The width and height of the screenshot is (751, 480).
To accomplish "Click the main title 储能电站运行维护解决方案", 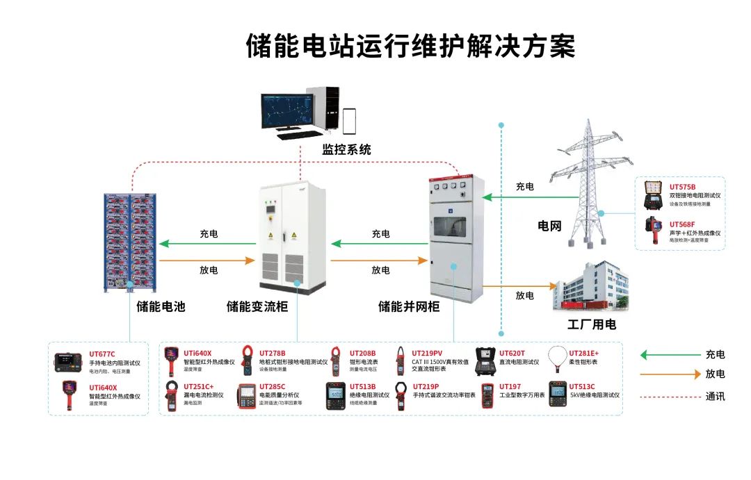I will click(x=410, y=47).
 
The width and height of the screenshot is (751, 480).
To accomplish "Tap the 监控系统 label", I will click(x=346, y=149).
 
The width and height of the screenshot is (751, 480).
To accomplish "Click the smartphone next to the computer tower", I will click(x=349, y=121).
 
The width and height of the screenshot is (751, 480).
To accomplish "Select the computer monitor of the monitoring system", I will click(x=291, y=112).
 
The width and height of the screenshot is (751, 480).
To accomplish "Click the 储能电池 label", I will click(x=161, y=306).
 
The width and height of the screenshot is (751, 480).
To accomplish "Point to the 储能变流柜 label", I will click(x=257, y=306).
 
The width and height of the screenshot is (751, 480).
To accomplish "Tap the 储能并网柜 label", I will click(x=409, y=306).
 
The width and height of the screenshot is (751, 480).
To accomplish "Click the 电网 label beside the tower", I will click(x=549, y=226).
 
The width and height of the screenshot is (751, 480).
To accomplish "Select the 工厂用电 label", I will click(x=592, y=324).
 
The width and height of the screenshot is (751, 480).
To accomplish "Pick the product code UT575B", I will click(x=682, y=187).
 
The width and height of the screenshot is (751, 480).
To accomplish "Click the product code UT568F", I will click(x=682, y=224).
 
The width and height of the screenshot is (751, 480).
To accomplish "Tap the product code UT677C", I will click(x=102, y=354).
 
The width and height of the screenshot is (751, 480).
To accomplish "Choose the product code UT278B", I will click(x=272, y=353).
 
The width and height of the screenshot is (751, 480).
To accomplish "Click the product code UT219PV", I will click(x=427, y=353).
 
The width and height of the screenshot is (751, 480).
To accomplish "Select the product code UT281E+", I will click(x=584, y=353).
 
